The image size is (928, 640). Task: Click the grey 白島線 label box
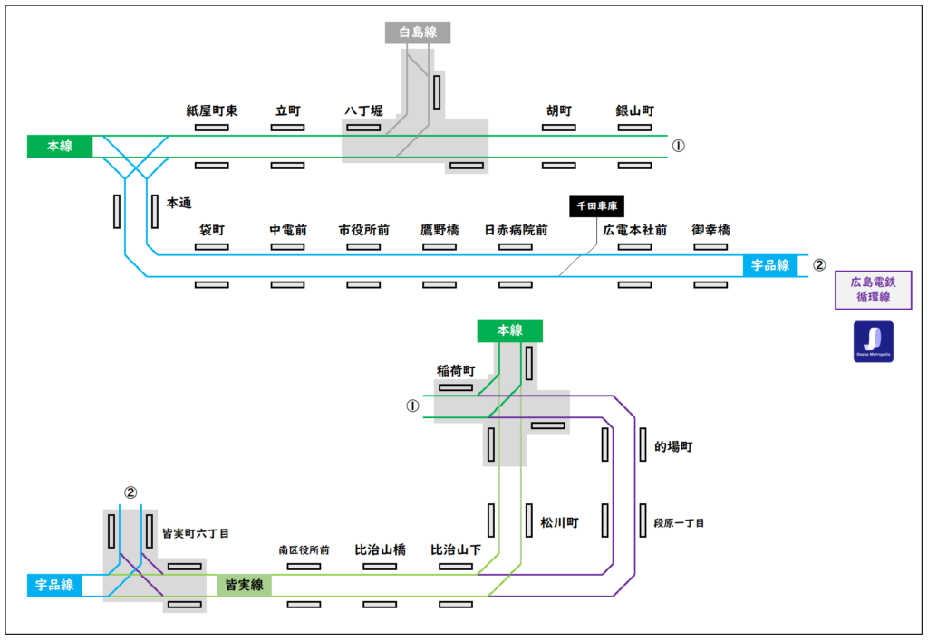pos(418,33)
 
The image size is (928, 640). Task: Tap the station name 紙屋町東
pos(211,110)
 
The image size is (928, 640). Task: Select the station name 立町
pos(287,110)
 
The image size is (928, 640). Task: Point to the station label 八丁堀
pos(363,110)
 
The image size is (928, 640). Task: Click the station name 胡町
pos(558,110)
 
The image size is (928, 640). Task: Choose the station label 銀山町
pos(634,110)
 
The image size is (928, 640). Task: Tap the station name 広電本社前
pos(634,231)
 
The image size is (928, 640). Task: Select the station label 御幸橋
pos(710,231)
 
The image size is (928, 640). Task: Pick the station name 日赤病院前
pos(516,231)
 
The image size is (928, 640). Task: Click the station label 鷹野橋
pos(440,231)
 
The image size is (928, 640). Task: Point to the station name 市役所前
pos(363,231)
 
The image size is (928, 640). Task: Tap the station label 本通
pos(179,204)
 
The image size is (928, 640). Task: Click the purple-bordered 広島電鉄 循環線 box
pos(873,290)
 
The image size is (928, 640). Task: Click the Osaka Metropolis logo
pos(873,341)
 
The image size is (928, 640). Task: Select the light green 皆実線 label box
pos(244,585)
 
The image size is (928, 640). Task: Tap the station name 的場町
pos(673,447)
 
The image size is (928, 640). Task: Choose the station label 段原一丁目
pos(679,523)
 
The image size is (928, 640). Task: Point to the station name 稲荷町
pos(455,370)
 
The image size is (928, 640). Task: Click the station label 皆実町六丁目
pos(195,534)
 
